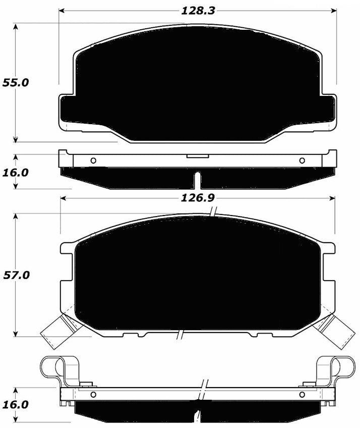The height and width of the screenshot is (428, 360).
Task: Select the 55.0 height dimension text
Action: coord(16,83)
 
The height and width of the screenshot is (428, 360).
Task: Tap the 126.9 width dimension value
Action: coord(197,198)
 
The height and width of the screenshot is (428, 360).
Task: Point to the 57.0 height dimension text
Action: coord(16,275)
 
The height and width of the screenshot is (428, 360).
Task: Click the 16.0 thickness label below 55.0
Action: coord(16,172)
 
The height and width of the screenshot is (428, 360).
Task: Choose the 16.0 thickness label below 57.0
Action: coord(16,405)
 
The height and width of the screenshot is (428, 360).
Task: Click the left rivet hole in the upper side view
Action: coord(93,161)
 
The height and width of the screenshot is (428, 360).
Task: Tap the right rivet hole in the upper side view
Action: coord(302,161)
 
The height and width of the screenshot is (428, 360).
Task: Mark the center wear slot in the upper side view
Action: coord(197,179)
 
